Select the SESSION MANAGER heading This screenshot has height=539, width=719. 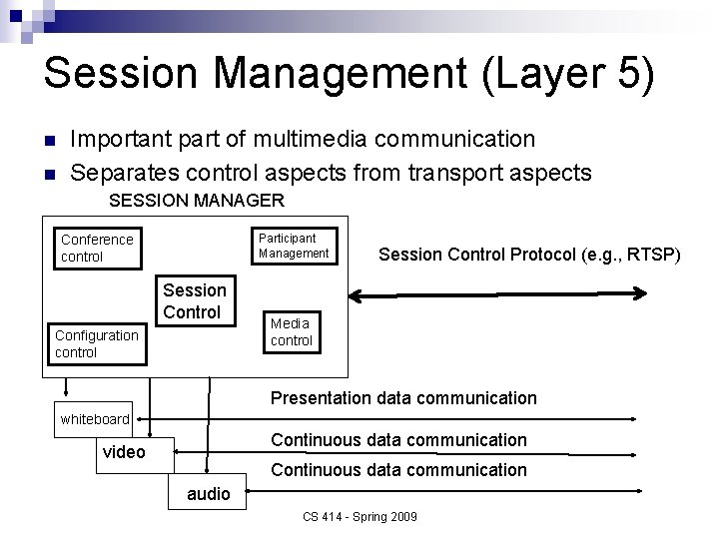pyautogui.click(x=197, y=201)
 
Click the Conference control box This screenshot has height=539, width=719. pyautogui.click(x=96, y=248)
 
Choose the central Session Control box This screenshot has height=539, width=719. pyautogui.click(x=194, y=300)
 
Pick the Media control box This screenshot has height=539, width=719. pyautogui.click(x=291, y=331)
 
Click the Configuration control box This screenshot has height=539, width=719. pyautogui.click(x=96, y=343)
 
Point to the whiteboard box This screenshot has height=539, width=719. pyautogui.click(x=95, y=419)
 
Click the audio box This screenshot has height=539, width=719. pyautogui.click(x=208, y=493)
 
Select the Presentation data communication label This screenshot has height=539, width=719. pyautogui.click(x=403, y=398)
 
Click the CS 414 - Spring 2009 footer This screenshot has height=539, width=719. pyautogui.click(x=359, y=516)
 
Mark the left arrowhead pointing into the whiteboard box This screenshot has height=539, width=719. pyautogui.click(x=138, y=419)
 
